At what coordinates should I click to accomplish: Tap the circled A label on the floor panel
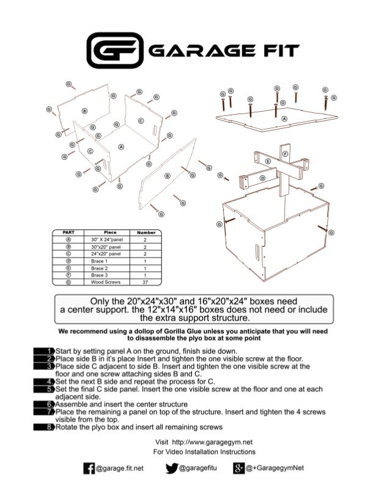point(120,146)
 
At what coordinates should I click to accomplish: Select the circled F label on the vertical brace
point(285,154)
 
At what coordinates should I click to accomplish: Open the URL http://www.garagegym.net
point(213,441)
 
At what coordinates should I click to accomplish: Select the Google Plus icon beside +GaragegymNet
point(240,469)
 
